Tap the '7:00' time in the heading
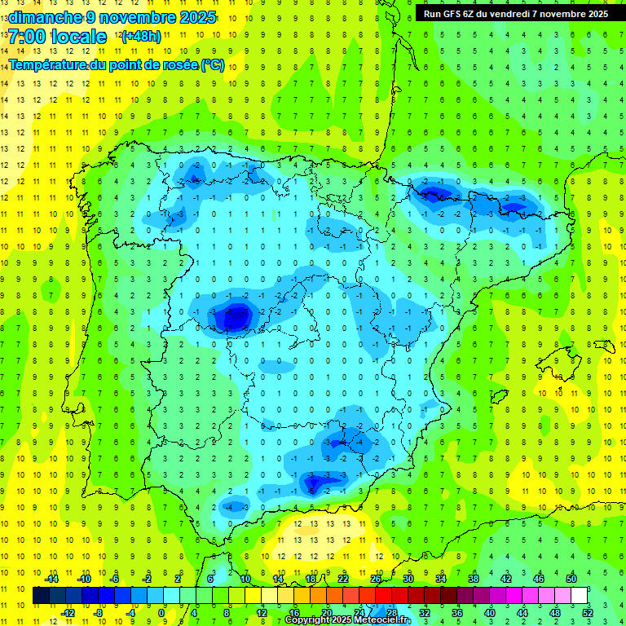point(26,37)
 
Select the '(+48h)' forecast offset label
point(141,37)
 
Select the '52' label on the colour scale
point(588,612)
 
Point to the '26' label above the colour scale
point(376,579)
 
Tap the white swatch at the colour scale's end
point(580,595)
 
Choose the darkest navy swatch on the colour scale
point(41,595)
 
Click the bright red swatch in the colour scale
point(384,595)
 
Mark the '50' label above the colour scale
point(571,579)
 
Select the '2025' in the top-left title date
point(198,16)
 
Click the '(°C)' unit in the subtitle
point(213,65)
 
